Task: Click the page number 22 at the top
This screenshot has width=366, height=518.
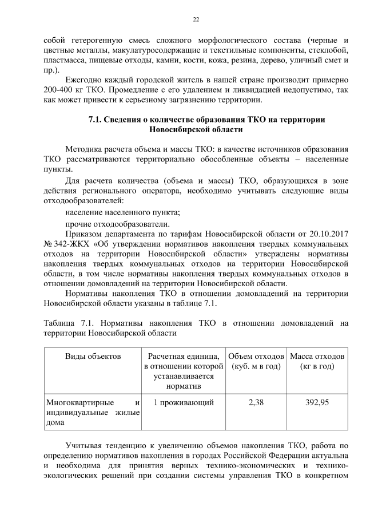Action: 196,19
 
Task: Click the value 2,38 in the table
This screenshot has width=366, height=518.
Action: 256,402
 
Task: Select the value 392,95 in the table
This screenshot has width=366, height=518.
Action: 317,402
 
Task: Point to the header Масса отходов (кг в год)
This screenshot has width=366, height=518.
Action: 317,361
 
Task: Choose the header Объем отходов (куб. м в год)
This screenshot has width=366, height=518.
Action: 256,361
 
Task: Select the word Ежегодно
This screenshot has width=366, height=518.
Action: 85,80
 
